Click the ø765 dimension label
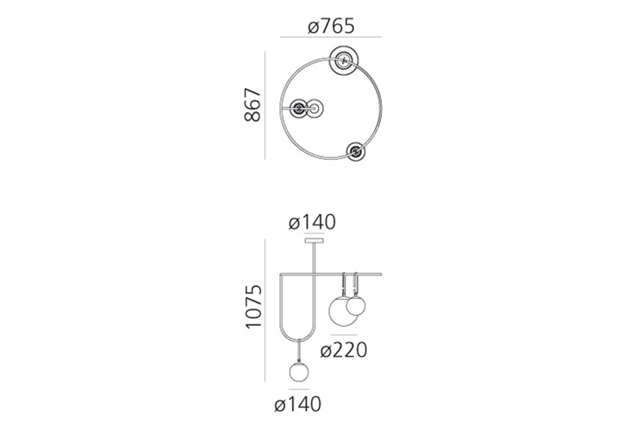(x=331, y=27)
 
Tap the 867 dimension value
(x=253, y=104)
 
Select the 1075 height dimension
(x=253, y=306)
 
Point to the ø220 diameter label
(x=344, y=350)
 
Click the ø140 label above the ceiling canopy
(x=312, y=222)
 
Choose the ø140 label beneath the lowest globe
(x=298, y=405)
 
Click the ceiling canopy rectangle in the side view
(x=314, y=241)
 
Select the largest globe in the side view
(x=344, y=311)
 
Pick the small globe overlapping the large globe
(x=355, y=306)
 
